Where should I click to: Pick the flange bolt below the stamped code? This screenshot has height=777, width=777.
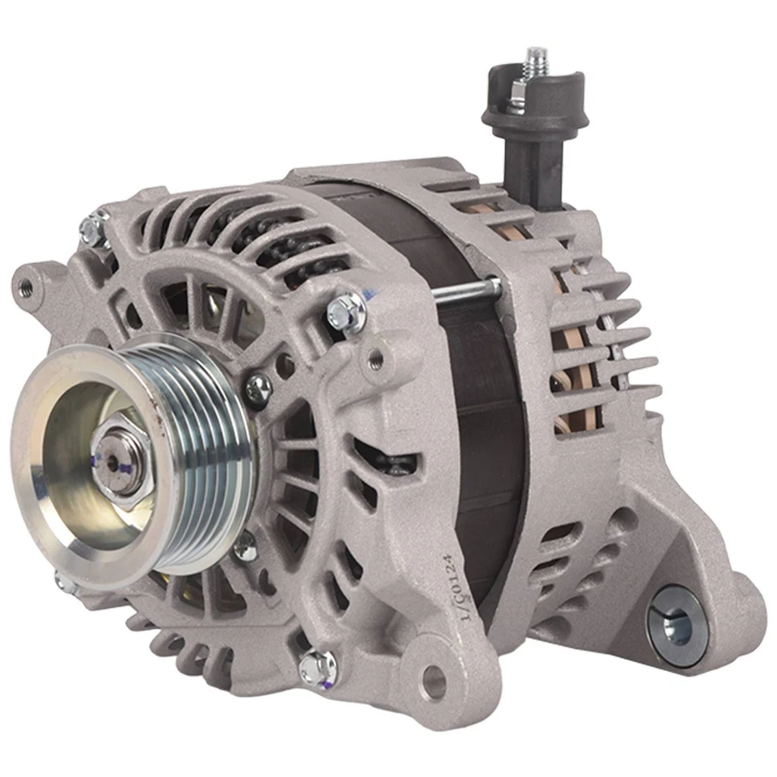(x=317, y=667)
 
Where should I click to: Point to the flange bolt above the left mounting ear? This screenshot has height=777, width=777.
(x=96, y=227)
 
